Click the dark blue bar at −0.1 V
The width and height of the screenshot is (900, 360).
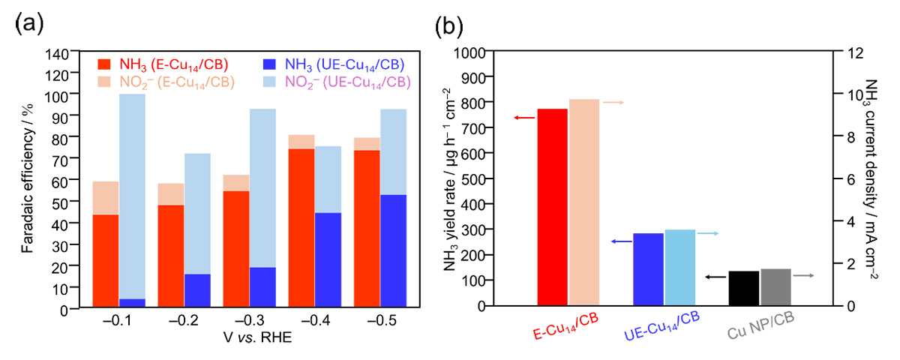132,302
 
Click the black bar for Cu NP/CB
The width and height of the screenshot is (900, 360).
744,288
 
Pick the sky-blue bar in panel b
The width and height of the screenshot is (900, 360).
679,267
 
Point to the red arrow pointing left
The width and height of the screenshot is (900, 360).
523,118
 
